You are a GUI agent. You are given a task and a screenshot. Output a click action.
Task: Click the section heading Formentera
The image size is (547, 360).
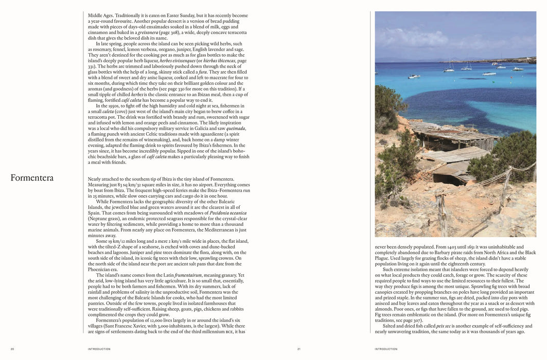tap(31, 178)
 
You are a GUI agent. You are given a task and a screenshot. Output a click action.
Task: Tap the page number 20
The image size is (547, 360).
tap(12, 349)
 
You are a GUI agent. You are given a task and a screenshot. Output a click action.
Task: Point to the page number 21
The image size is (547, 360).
tap(298, 349)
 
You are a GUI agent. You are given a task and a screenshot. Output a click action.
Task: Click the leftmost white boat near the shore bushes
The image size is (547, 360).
tap(414, 77)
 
